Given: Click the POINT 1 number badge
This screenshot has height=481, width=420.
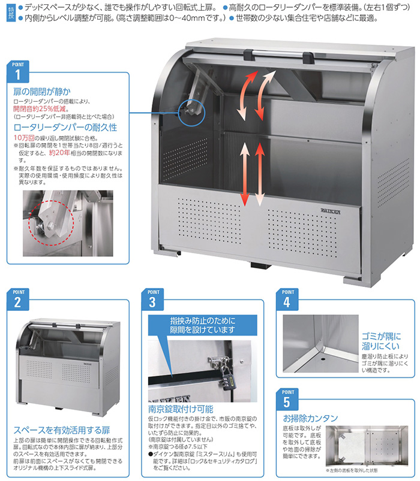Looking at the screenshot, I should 19,72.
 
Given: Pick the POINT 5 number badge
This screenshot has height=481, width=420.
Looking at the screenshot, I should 288,401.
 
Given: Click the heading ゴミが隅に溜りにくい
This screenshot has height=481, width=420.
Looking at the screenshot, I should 380,341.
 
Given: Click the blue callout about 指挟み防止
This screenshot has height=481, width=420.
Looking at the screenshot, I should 203,325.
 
